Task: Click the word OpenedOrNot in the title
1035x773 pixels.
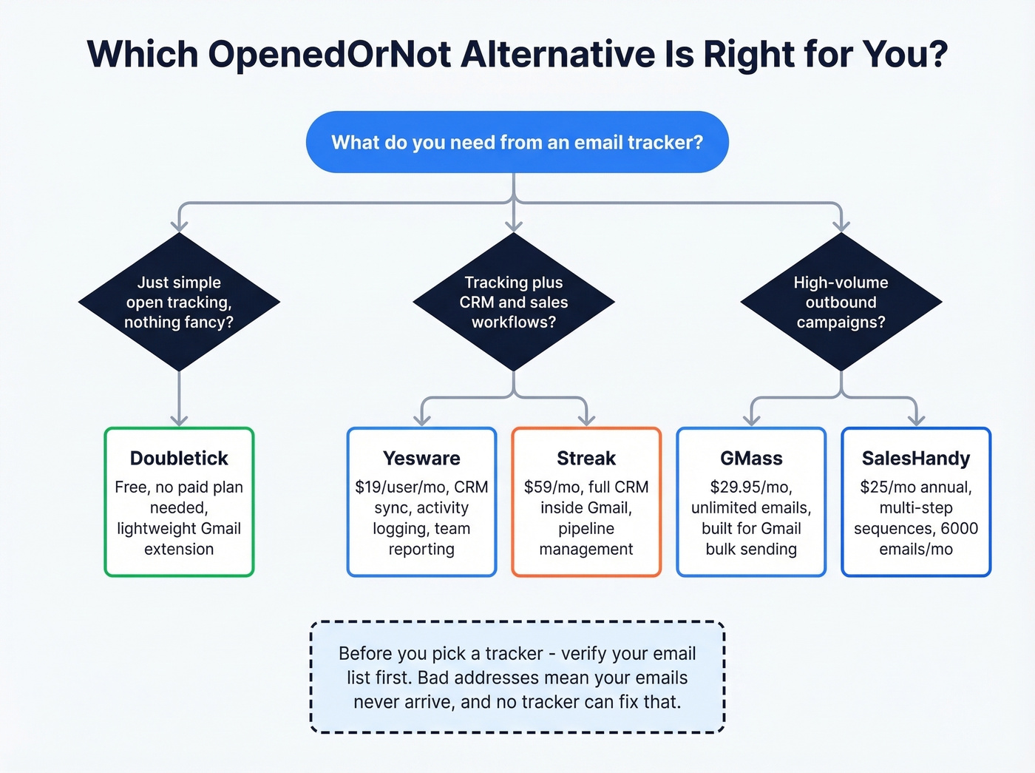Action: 329,55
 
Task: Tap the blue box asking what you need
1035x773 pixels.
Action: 517,142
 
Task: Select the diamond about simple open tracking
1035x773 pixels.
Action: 179,302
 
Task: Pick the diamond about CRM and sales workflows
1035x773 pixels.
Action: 514,302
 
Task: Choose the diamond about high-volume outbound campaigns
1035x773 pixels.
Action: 841,302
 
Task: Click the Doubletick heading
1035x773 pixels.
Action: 179,459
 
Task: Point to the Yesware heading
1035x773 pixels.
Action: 421,459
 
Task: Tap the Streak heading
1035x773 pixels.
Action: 586,459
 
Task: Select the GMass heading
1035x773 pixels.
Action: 751,459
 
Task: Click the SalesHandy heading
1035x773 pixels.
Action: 916,459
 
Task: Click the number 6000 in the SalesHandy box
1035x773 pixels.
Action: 960,529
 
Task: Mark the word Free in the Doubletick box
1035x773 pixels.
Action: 132,487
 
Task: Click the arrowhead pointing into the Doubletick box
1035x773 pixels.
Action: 179,420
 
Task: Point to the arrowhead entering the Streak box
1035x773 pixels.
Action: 586,420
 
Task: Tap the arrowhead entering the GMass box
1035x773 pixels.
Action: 751,420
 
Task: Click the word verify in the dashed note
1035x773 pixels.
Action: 588,654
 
